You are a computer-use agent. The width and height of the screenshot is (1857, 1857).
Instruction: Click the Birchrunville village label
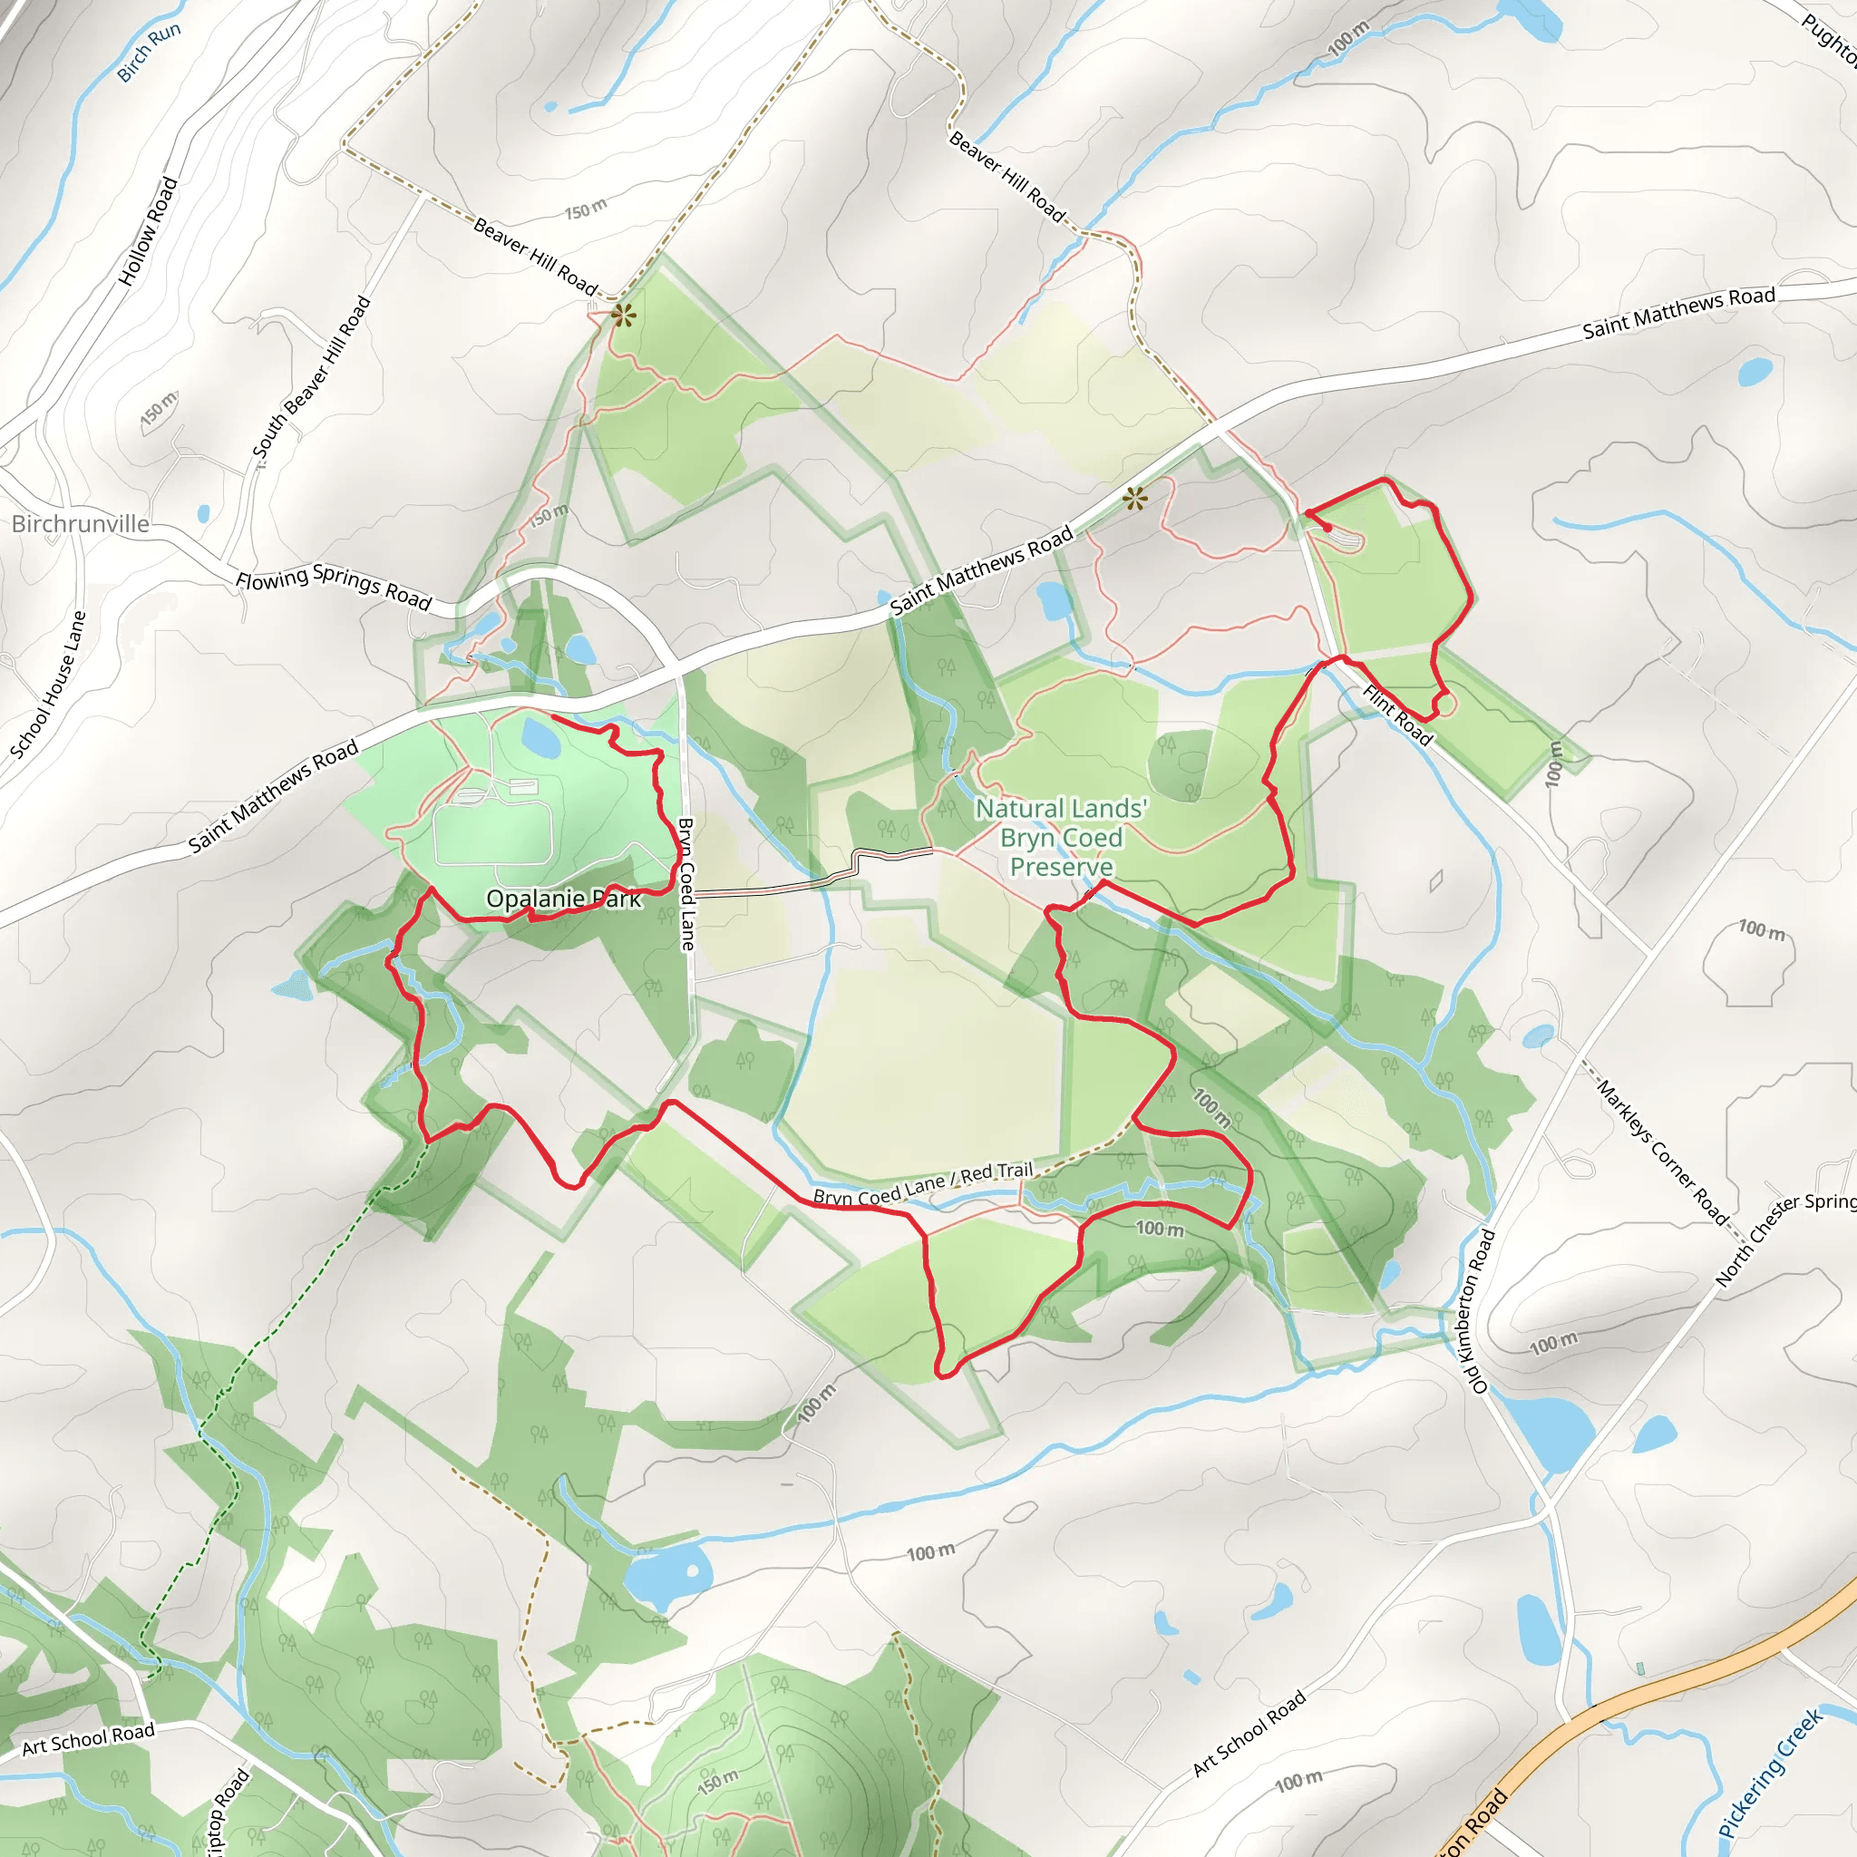point(81,524)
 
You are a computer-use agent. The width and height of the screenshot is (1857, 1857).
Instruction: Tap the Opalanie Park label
point(563,899)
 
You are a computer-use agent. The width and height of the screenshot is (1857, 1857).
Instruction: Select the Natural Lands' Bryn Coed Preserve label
point(1061,837)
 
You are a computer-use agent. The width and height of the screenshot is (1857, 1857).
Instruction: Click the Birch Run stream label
point(148,53)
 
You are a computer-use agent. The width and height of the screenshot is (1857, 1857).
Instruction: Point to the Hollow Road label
point(148,230)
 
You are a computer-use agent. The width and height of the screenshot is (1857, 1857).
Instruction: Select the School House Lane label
point(49,685)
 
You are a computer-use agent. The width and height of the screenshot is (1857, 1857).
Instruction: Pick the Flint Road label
point(1397,715)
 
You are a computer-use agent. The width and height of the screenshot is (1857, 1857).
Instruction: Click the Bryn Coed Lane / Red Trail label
point(923,1184)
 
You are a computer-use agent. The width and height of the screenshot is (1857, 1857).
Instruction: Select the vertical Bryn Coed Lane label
point(687,883)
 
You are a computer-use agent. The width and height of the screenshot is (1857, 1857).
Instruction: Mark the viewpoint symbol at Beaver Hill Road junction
point(623,316)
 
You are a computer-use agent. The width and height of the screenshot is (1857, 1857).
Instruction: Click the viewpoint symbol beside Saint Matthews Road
point(1135,498)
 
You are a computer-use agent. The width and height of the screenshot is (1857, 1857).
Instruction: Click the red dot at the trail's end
point(1327,528)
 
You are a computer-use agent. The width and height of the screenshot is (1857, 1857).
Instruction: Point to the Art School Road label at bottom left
point(89,1739)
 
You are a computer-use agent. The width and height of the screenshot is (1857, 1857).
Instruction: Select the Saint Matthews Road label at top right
point(1678,313)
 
